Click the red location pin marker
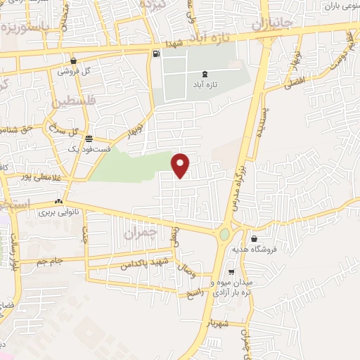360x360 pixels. (181, 165)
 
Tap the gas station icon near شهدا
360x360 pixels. (155, 53)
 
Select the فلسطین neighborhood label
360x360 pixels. (71, 103)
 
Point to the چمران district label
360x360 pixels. (137, 231)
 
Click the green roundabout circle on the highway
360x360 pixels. (224, 234)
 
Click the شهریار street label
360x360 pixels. (219, 324)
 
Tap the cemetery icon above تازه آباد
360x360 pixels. (205, 73)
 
